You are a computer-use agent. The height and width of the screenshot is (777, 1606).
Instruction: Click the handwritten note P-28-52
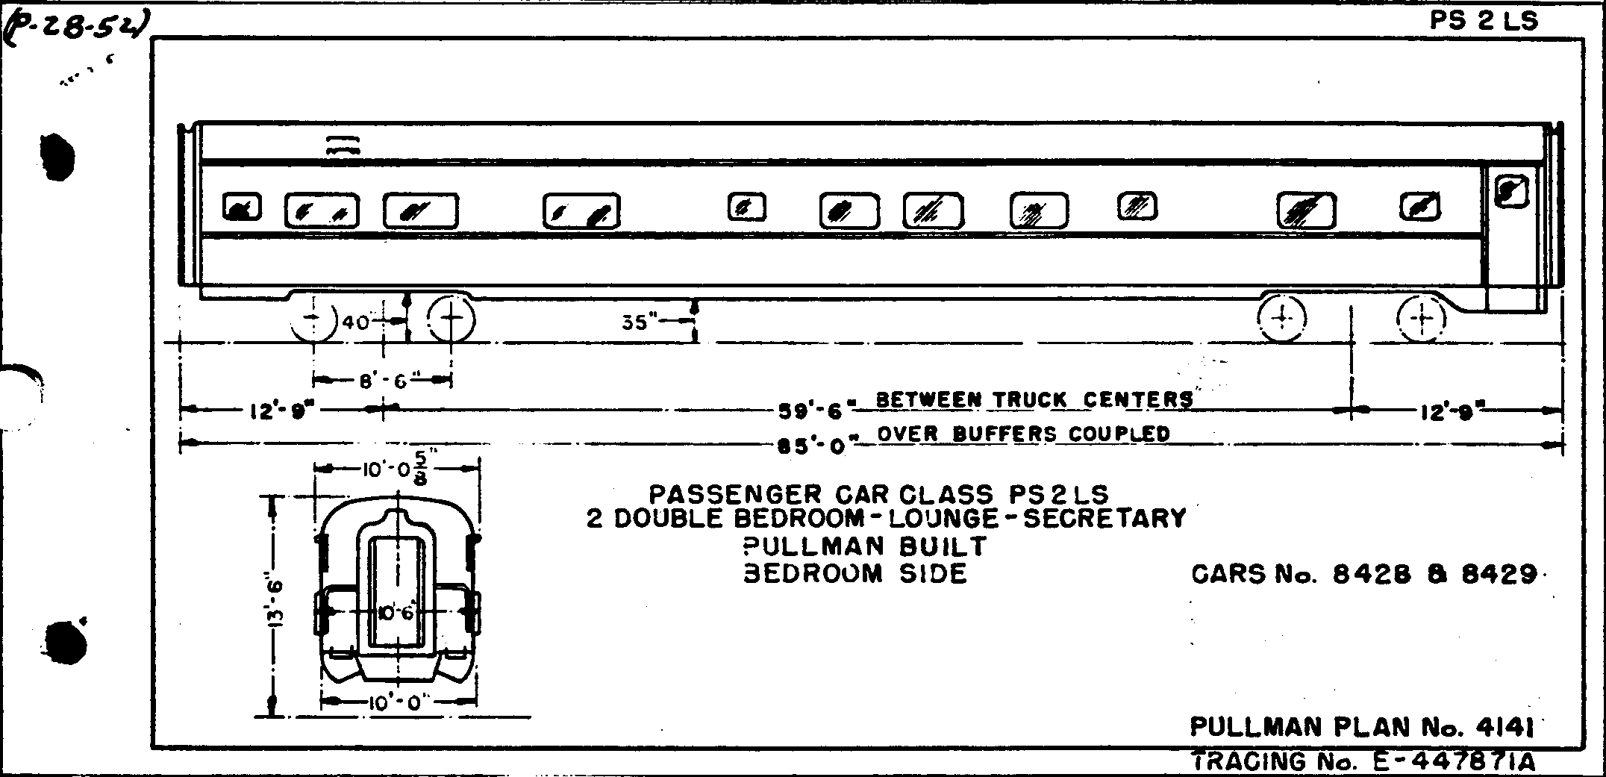[75, 31]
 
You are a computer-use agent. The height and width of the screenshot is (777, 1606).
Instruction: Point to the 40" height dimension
[357, 322]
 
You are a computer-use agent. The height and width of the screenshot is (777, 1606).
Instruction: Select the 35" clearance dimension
[640, 322]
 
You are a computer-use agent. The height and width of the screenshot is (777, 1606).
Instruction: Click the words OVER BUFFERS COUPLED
[1023, 434]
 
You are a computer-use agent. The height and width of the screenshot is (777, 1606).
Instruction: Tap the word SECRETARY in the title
[1104, 518]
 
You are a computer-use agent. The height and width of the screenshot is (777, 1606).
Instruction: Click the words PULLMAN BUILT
[865, 546]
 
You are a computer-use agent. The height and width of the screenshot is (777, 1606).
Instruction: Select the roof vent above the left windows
[343, 145]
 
